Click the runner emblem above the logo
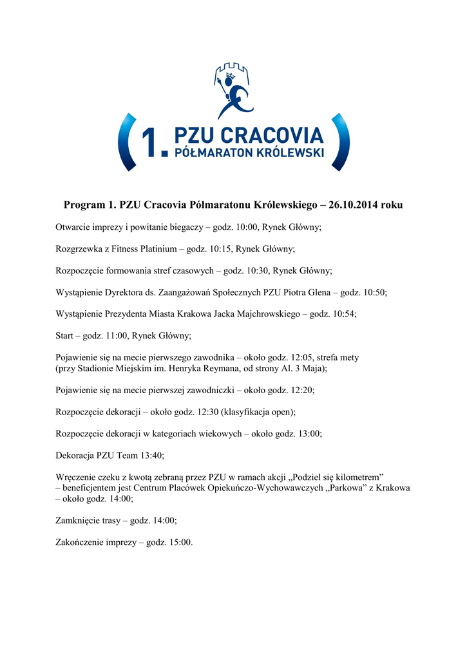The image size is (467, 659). tap(233, 90)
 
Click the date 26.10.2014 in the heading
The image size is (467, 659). tap(354, 205)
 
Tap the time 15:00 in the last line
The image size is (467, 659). tap(180, 543)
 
